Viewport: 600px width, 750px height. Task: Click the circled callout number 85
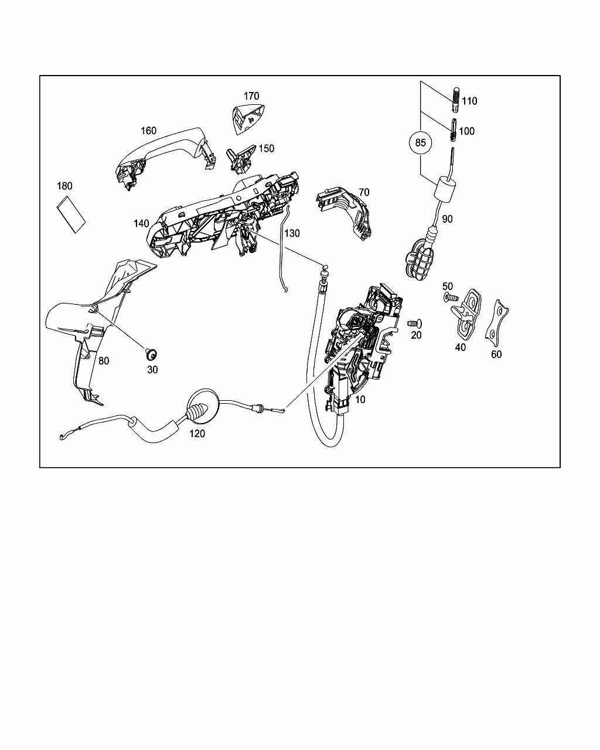(421, 142)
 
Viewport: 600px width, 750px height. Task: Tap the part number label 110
(469, 101)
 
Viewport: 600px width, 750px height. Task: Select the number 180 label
(64, 186)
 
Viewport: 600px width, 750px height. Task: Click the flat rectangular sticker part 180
(71, 214)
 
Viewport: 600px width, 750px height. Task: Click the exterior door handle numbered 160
(164, 157)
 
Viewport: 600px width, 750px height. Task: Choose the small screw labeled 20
(414, 323)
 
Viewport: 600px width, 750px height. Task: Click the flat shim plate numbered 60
(496, 319)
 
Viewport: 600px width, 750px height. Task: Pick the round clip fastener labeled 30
(151, 354)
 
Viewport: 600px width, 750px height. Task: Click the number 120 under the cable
(197, 434)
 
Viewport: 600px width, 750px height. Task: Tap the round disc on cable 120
(203, 406)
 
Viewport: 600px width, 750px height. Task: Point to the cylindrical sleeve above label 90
(445, 189)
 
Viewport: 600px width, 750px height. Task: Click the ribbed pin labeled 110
(456, 100)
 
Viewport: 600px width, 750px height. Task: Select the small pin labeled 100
(454, 130)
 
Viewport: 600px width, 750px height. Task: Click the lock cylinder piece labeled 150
(241, 159)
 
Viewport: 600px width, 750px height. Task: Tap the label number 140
(141, 224)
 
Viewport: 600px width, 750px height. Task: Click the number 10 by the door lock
(360, 400)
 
